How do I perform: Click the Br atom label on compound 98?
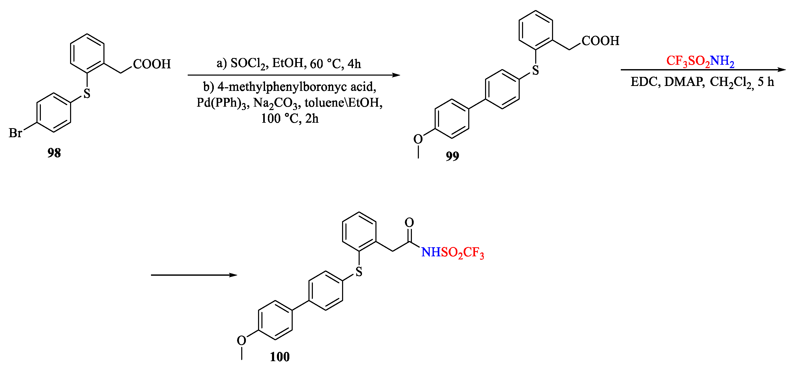(x=15, y=133)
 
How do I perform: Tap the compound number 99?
(x=452, y=156)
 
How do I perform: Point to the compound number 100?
(x=280, y=357)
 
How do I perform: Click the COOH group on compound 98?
(x=152, y=64)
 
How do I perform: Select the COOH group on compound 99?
(x=600, y=41)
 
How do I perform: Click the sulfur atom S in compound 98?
(x=87, y=93)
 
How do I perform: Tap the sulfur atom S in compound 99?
(x=536, y=70)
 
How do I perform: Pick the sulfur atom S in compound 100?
(x=359, y=272)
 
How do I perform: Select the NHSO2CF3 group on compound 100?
(x=452, y=252)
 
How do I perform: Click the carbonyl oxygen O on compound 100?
(x=409, y=222)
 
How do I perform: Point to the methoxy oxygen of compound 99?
(x=418, y=139)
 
